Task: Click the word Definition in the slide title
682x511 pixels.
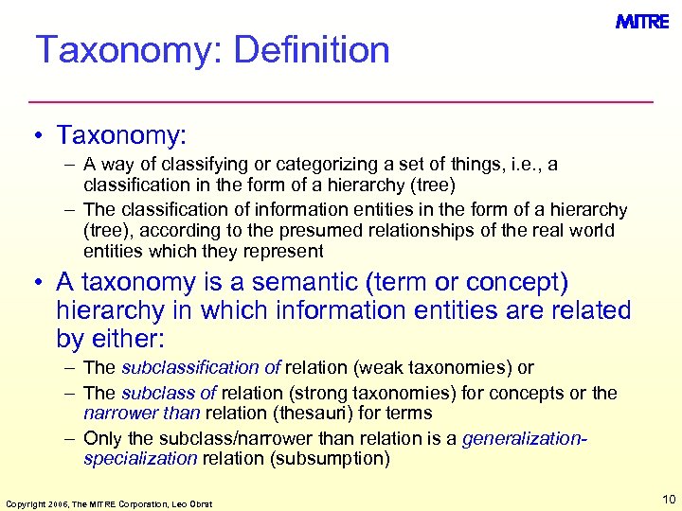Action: click(x=312, y=50)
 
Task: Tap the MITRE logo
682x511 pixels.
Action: click(x=642, y=22)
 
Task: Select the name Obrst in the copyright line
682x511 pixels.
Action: click(x=199, y=502)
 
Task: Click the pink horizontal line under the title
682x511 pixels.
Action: click(x=341, y=100)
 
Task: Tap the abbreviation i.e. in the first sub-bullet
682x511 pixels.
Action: click(x=524, y=165)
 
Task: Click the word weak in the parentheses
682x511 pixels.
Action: click(x=369, y=367)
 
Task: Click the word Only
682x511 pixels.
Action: click(x=101, y=438)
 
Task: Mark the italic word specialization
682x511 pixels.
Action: click(x=140, y=459)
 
